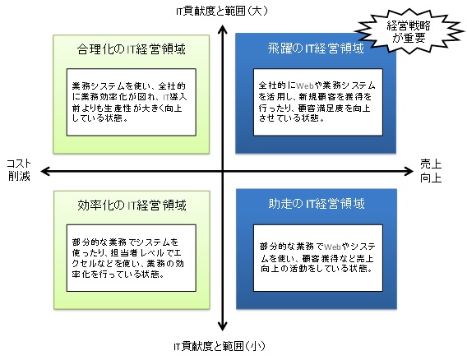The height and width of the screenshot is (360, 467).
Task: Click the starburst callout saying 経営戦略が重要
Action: click(x=409, y=31)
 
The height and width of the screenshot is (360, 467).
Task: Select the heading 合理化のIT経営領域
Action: click(x=131, y=49)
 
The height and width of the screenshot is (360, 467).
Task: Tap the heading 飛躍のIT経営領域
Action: click(x=316, y=48)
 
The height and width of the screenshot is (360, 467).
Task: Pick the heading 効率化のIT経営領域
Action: click(x=132, y=205)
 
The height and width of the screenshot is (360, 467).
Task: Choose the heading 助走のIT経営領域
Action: click(x=317, y=204)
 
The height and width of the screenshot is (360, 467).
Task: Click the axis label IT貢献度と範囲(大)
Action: click(x=222, y=11)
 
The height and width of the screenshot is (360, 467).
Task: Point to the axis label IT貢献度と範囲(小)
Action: click(x=220, y=346)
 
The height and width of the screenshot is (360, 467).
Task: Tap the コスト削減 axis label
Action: click(x=19, y=170)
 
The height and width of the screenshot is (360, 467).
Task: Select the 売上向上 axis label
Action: click(x=431, y=171)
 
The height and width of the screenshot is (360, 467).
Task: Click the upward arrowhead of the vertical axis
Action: click(x=223, y=30)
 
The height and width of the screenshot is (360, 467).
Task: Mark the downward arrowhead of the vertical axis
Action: click(x=223, y=326)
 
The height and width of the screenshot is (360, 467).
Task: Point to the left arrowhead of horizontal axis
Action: click(x=45, y=171)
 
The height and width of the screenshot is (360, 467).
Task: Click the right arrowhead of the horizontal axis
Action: click(x=409, y=171)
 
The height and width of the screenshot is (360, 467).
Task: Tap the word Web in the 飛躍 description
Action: click(x=305, y=85)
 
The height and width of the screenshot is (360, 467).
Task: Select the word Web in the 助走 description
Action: click(x=332, y=247)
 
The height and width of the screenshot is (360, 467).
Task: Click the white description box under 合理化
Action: click(x=132, y=102)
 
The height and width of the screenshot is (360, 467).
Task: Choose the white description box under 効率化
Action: click(x=132, y=258)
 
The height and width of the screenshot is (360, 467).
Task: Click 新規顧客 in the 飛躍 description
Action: click(x=317, y=97)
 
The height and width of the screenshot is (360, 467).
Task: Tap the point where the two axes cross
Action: click(x=223, y=171)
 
